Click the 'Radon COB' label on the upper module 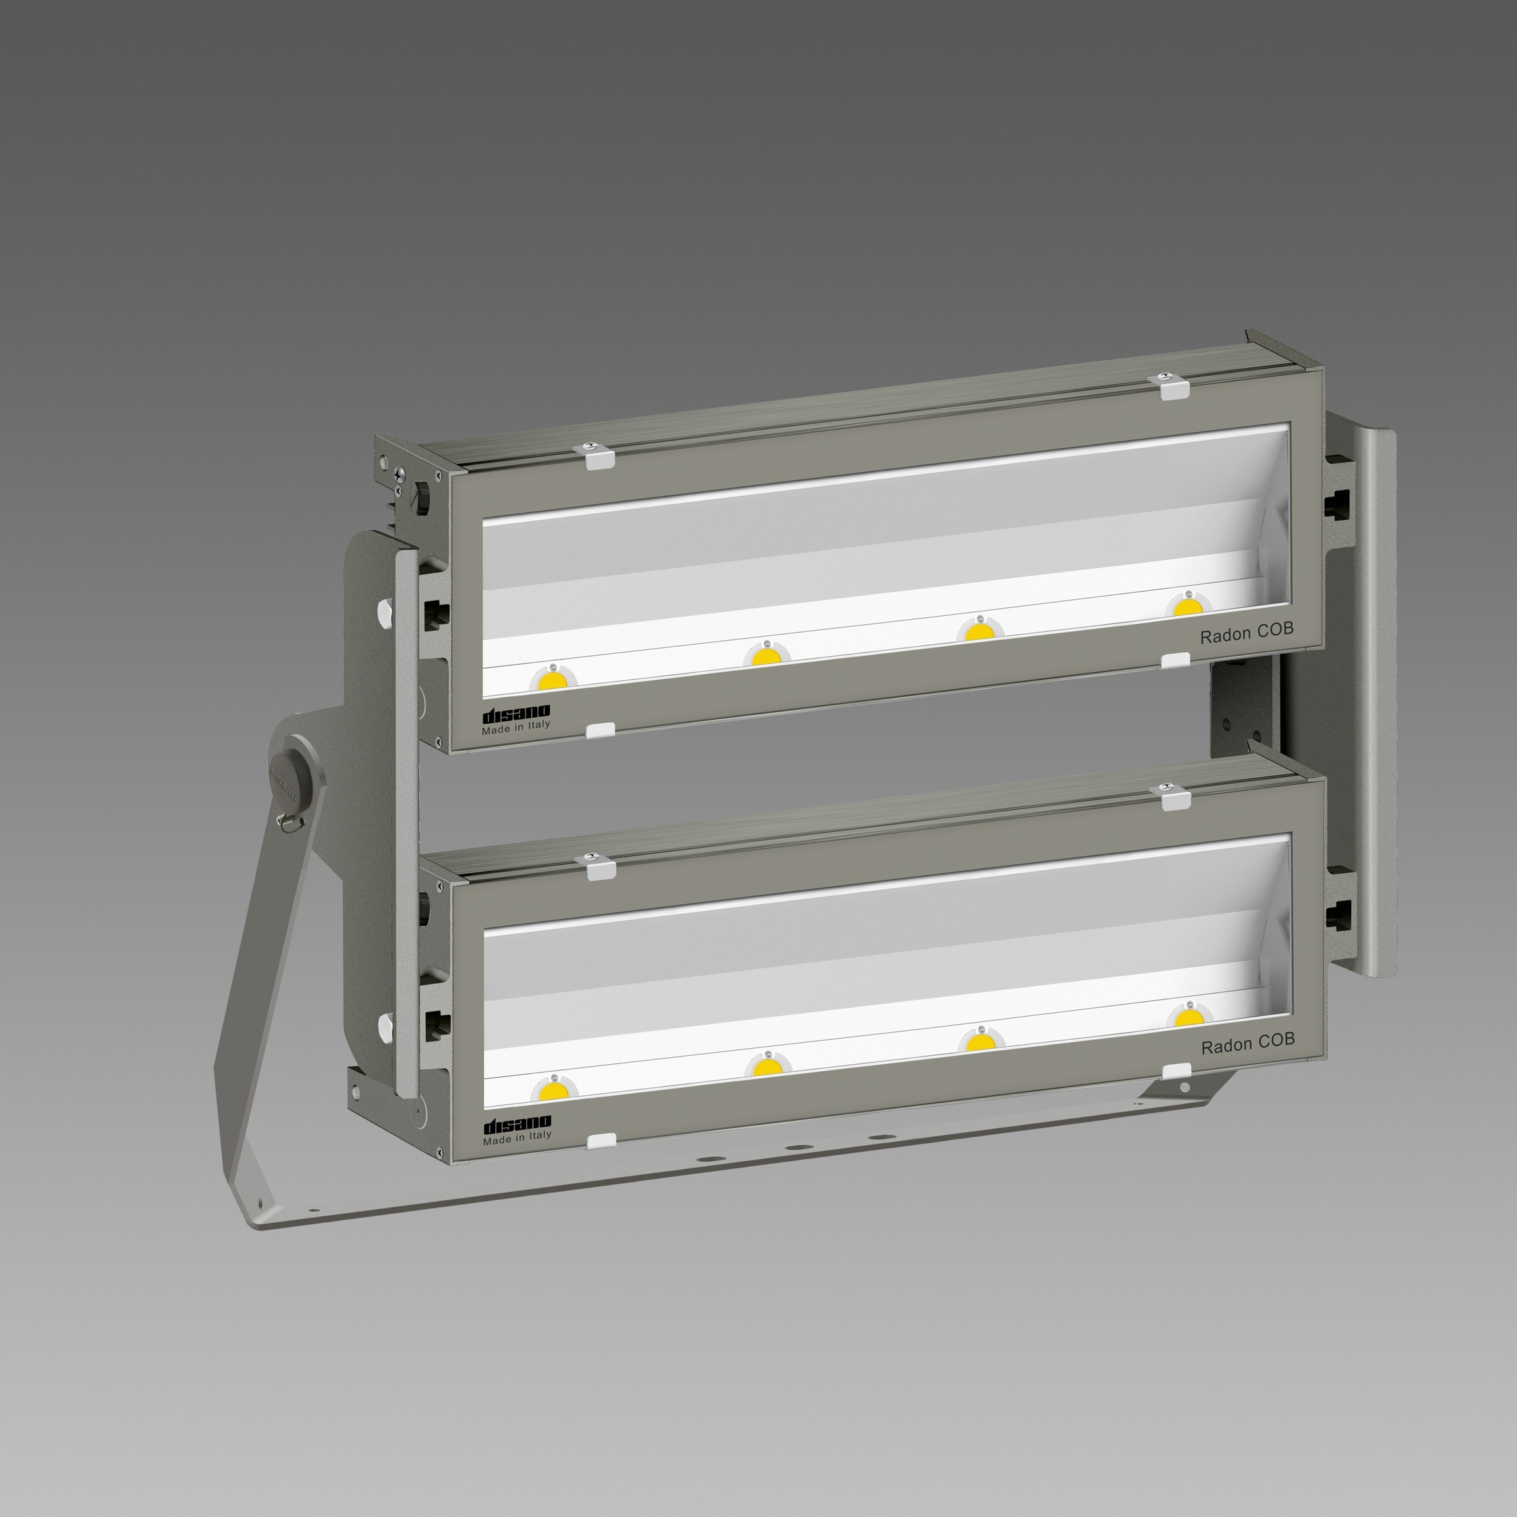coord(1246,633)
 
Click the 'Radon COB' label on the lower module coord(1248,1044)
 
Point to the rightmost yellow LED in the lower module coord(1189,1017)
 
